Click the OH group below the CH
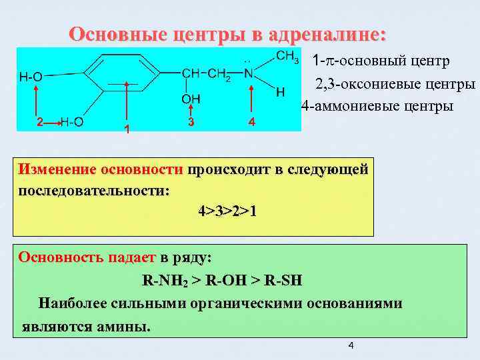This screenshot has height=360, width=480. (191, 99)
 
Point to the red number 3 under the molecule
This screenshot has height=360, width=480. (191, 122)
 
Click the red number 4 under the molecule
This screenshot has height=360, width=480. (251, 123)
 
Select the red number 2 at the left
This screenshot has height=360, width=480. (40, 123)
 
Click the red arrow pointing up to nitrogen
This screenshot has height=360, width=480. (251, 99)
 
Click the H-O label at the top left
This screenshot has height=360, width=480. (31, 77)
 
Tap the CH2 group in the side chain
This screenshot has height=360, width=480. (219, 74)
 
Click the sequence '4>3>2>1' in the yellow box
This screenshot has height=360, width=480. (227, 211)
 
